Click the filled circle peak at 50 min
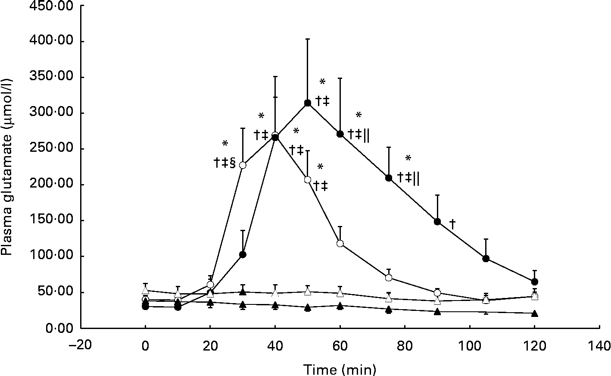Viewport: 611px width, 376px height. (x=308, y=103)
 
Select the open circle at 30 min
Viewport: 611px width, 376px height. (x=243, y=165)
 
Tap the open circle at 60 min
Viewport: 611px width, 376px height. (x=340, y=243)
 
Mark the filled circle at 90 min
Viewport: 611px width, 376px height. (x=437, y=222)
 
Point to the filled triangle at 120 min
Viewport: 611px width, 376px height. (x=535, y=313)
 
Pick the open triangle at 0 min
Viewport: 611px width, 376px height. (x=146, y=291)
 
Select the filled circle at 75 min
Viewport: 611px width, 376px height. (x=389, y=178)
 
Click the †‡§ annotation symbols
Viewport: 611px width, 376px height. (x=224, y=163)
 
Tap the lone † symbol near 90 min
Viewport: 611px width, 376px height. (x=452, y=223)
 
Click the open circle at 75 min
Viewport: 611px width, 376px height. (x=389, y=278)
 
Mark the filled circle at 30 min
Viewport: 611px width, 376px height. (x=243, y=254)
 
